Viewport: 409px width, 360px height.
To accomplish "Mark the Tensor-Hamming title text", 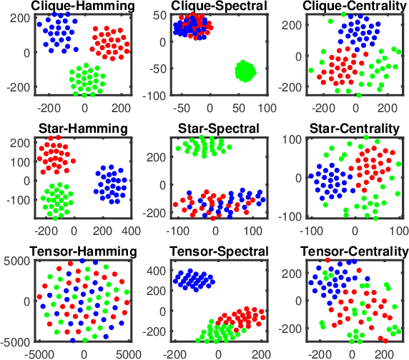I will (84, 251).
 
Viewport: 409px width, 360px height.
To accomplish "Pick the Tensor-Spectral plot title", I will (218, 251).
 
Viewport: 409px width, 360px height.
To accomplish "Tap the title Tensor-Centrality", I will (355, 251).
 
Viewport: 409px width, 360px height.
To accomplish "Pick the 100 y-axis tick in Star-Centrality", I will (290, 137).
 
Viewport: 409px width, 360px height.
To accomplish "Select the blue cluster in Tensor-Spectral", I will (194, 280).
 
